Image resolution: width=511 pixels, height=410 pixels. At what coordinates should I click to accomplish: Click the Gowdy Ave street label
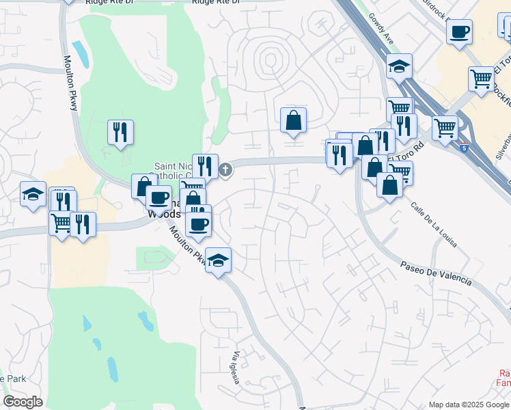[381, 29]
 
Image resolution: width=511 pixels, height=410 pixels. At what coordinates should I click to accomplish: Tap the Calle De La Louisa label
[434, 224]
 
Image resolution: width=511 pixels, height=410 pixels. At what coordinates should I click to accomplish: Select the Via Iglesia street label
[236, 368]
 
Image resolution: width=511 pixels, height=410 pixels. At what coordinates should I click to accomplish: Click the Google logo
[23, 402]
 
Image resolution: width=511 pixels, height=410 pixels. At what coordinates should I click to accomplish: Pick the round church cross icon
[225, 169]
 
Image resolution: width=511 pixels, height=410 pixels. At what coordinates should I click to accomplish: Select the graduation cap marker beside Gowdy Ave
[399, 66]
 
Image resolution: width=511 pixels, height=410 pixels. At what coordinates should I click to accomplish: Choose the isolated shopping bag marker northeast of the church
[293, 120]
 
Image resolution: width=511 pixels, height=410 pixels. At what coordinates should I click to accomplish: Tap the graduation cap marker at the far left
[33, 194]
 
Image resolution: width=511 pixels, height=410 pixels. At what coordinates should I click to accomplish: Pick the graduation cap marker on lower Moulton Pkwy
[218, 260]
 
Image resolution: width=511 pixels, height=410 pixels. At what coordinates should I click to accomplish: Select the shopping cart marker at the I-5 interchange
[445, 127]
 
